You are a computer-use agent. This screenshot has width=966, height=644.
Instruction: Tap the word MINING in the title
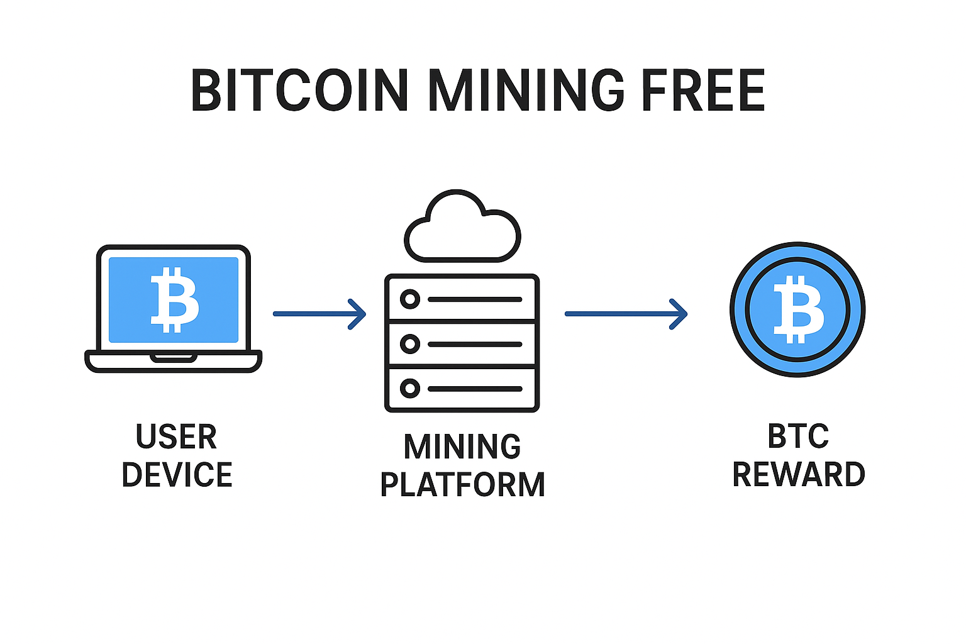[526, 91]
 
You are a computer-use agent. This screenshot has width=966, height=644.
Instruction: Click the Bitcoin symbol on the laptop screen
[174, 299]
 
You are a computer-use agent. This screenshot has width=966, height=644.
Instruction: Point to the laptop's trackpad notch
[174, 358]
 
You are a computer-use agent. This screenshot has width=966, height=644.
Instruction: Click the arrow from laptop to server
[319, 313]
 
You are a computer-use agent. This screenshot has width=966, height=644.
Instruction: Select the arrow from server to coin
[626, 313]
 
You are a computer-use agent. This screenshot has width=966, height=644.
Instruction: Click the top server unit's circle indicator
[410, 299]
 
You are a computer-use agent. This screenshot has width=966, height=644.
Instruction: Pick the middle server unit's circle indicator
[410, 344]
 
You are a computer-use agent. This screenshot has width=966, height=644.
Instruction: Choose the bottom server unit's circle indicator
[410, 388]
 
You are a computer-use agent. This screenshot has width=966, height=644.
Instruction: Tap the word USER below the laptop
[176, 437]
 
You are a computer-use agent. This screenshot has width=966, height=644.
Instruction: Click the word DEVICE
[177, 475]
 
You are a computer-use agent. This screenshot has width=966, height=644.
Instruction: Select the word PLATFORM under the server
[462, 485]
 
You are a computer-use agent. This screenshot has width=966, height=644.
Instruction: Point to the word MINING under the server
[462, 447]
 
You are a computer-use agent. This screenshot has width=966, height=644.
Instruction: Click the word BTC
[798, 436]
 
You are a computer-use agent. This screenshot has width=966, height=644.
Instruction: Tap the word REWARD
[799, 474]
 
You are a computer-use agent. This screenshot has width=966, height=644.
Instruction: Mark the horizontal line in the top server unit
[475, 299]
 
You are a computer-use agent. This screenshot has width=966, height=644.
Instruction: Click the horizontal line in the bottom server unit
[475, 389]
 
